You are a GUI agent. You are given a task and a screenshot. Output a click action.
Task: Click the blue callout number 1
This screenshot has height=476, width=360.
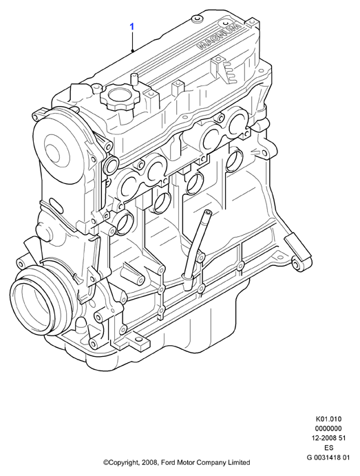click(132, 27)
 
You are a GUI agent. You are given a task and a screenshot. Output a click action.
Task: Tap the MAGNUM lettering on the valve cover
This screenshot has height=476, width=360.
click(220, 37)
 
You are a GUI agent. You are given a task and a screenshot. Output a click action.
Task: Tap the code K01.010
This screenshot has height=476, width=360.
click(328, 420)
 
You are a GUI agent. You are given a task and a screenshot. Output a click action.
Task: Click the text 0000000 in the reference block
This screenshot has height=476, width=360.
click(328, 428)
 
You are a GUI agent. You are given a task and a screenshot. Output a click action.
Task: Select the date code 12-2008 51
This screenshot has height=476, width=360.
click(328, 438)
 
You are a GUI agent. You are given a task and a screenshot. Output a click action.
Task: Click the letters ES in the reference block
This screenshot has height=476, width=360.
click(328, 448)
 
